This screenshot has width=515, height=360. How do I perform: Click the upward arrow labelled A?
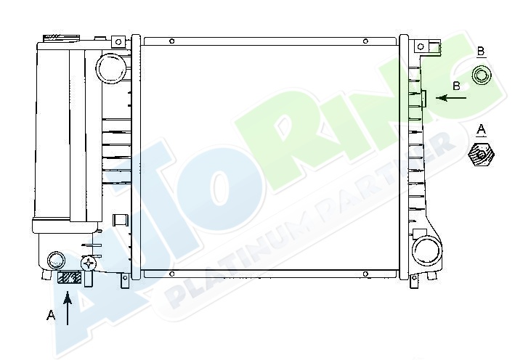(68, 308)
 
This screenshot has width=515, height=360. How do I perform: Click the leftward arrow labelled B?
(451, 98)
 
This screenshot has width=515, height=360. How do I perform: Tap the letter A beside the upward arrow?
(51, 316)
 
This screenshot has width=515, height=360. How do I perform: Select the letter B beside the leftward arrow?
(457, 86)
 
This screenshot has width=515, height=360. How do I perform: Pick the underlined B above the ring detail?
(481, 52)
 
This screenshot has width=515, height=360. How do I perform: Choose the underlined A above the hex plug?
(481, 130)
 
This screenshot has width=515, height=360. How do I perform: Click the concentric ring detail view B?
(481, 75)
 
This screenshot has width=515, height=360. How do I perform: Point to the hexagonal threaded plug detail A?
(481, 155)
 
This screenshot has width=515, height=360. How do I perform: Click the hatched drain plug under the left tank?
(69, 278)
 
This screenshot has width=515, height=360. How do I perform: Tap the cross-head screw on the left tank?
(89, 263)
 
